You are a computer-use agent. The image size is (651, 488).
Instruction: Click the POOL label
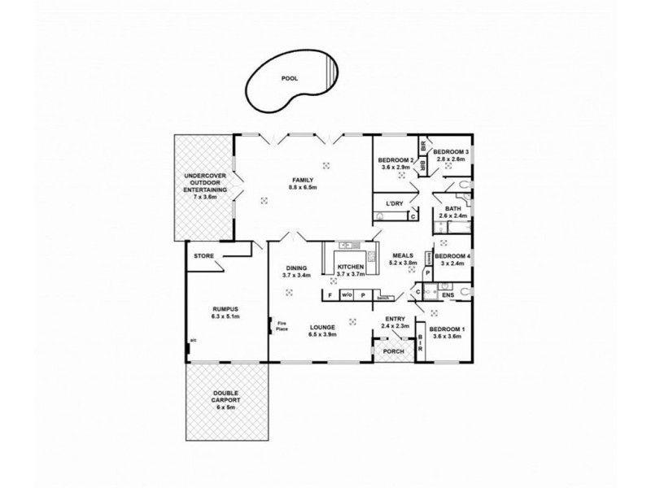[288, 79]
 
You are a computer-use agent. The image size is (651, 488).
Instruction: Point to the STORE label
[203, 256]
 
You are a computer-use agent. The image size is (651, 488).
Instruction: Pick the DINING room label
[296, 268]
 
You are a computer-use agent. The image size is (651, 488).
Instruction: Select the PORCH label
[393, 351]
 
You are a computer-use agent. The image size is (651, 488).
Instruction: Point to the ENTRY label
[395, 317]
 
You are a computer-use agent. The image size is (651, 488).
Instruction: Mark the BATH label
[452, 208]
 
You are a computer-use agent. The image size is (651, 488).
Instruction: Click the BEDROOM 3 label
[451, 152]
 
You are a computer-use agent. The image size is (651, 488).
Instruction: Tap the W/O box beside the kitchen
[347, 294]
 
